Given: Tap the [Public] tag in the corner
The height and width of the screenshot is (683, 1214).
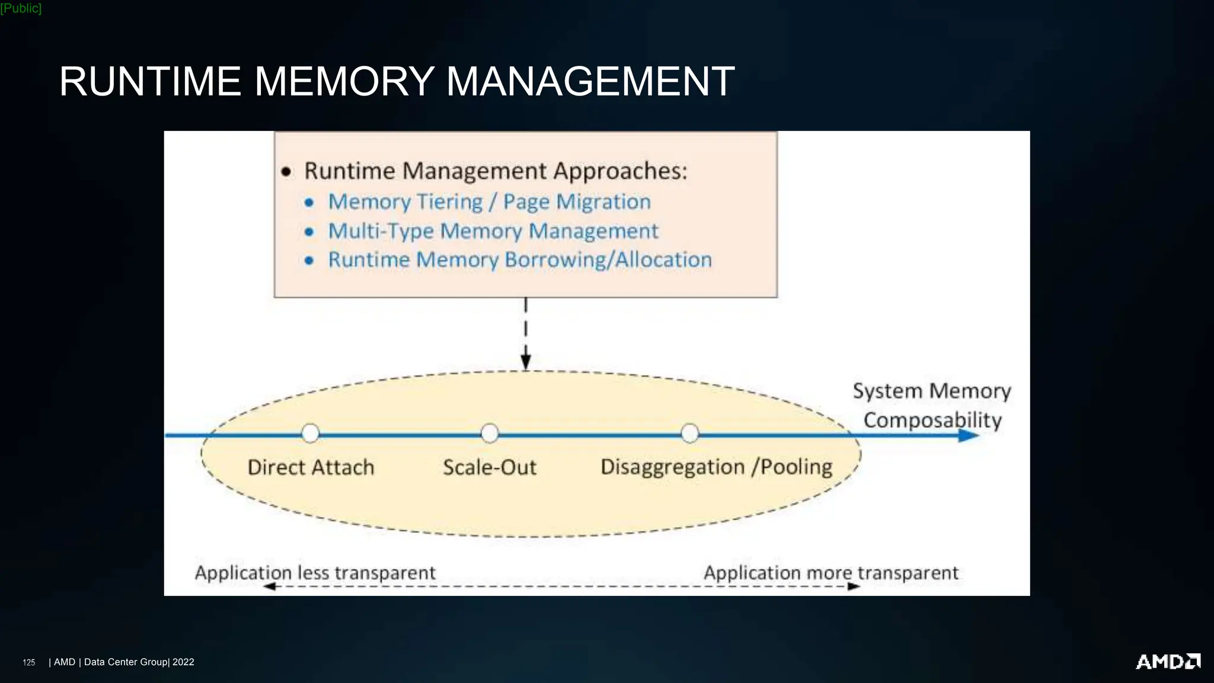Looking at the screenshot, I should point(21,8).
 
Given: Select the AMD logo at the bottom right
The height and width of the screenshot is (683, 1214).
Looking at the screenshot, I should point(1168,662).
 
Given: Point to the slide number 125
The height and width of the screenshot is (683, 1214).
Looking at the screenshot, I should point(28,662).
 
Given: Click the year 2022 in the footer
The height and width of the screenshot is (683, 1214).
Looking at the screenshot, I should point(183,662).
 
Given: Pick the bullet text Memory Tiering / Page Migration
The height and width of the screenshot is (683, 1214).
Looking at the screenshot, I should point(489,202).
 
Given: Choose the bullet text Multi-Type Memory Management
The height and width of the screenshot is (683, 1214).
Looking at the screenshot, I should point(493,231).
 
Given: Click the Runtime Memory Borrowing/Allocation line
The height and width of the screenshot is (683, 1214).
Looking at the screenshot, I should point(520,260).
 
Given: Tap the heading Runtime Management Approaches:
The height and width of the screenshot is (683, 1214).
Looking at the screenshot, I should point(496,171).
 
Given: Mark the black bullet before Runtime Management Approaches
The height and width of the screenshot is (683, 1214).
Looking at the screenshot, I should point(286,172).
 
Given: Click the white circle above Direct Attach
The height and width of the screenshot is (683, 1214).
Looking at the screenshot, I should point(311,433).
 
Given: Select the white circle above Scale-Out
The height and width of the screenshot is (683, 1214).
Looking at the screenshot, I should point(490,433).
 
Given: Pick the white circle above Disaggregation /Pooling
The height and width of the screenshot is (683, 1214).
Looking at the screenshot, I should point(690,433).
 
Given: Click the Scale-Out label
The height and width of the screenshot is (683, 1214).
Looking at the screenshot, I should point(490,468).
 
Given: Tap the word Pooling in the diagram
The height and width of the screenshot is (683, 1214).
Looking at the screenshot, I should point(796,467).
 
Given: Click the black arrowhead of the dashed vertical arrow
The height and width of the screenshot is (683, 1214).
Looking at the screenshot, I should point(526,361).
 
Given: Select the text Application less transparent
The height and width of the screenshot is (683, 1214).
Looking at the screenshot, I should point(315,573).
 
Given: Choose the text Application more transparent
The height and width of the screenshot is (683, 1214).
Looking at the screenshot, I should point(830,573).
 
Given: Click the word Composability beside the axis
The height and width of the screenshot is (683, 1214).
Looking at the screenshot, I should point(932,420).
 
